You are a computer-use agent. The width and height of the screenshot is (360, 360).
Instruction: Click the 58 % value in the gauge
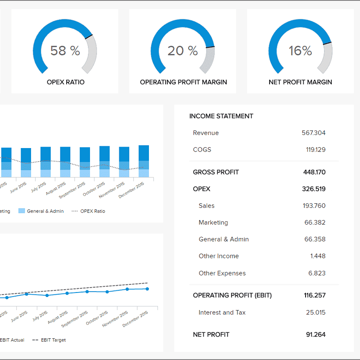65,51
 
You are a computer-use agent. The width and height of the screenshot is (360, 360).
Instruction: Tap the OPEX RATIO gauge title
65,82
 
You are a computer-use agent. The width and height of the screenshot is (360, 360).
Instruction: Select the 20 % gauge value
183,51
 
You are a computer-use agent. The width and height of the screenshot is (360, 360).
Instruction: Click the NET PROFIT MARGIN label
300,82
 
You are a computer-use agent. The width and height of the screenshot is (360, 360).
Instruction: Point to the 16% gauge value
300,51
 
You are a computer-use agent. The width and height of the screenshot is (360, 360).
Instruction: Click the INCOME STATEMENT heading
221,116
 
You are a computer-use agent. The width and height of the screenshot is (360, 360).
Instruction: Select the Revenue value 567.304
314,133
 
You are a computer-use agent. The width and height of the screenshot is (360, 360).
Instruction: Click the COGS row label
202,149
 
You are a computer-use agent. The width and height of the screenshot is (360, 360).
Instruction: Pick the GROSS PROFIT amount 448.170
314,172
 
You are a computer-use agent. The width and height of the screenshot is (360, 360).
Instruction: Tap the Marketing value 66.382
315,222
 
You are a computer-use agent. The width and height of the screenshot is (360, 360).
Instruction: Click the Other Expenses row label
223,273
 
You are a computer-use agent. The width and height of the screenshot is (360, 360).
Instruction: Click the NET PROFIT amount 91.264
315,334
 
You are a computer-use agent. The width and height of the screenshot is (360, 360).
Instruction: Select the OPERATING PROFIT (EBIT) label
232,295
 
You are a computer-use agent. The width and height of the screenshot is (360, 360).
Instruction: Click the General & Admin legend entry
41,211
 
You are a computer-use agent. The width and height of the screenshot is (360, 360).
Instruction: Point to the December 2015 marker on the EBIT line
147,289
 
